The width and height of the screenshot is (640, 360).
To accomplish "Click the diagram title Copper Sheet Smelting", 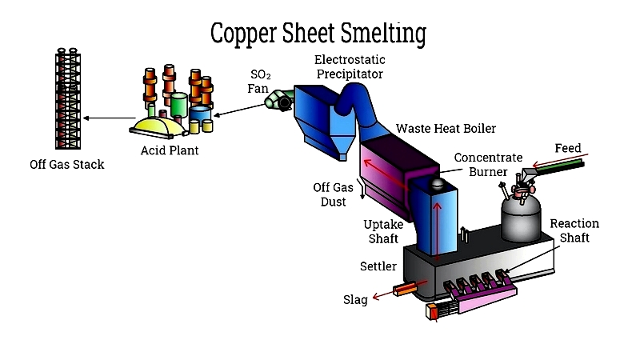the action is point(318,34).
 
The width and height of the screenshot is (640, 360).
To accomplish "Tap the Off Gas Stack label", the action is point(67,165).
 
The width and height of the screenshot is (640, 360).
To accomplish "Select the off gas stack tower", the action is point(68,98).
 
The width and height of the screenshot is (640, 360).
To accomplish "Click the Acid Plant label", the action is point(170,150).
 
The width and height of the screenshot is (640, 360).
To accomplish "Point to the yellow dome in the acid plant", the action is point(158,126).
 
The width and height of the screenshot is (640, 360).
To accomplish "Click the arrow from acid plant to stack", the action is point(109,118).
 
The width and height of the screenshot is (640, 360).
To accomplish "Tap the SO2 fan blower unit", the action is point(278,99).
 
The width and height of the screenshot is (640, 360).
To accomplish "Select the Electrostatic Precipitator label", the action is point(350,67).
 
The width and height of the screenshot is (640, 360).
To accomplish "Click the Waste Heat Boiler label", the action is point(446,129).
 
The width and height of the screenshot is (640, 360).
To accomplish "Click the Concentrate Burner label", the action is point(488,165).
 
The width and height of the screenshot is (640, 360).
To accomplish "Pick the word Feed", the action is point(568,148).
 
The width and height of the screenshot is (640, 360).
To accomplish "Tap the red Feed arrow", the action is point(561,161).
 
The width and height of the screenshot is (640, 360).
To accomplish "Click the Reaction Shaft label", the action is point(574,230).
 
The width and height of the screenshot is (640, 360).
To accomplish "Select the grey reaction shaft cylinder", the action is point(521,218).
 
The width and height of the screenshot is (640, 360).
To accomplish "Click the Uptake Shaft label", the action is point(383,231).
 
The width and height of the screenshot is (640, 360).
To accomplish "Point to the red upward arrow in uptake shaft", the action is point(437,231).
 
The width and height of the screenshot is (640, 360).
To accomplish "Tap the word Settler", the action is point(378,266).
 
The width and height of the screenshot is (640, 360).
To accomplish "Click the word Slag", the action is point(355,300).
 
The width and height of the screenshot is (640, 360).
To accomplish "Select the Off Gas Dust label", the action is point(333,194).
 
